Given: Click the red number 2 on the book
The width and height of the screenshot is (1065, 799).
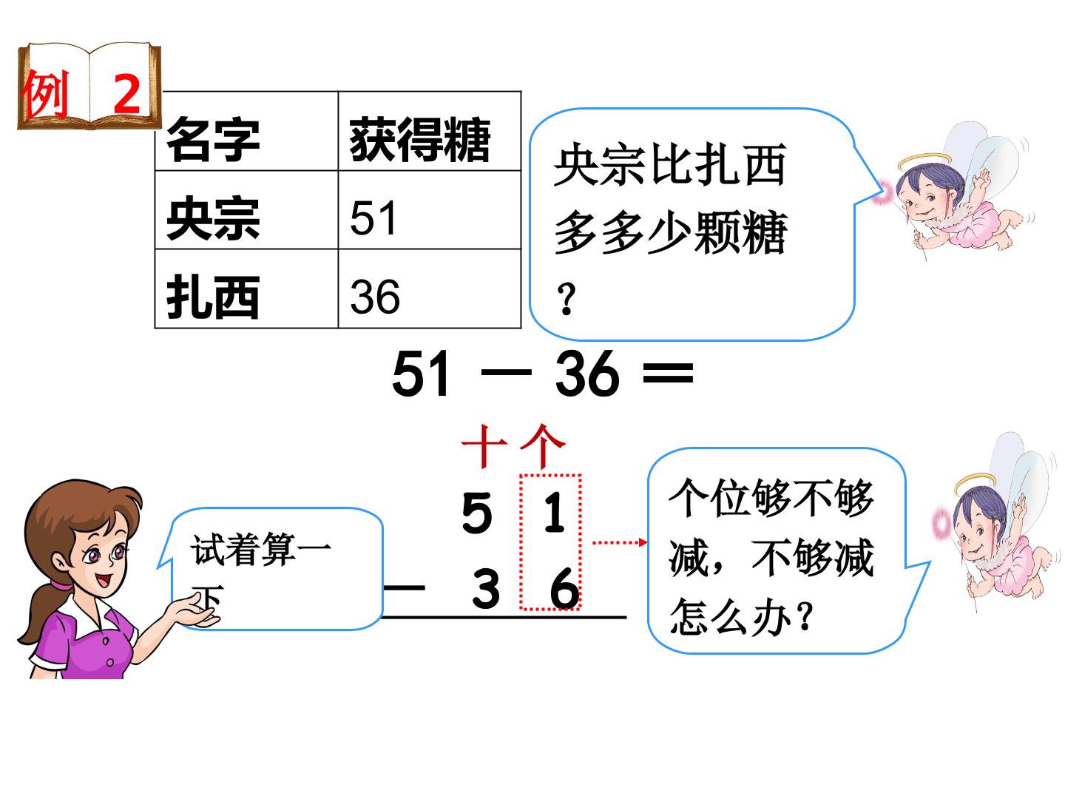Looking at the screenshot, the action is [126, 94].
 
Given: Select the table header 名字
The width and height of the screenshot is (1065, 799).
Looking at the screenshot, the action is [212, 139].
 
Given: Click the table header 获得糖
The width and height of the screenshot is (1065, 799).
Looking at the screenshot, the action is [419, 139].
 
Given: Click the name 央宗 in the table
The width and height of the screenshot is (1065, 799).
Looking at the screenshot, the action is [212, 218].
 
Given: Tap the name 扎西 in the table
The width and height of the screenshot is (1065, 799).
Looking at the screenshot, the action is [212, 297].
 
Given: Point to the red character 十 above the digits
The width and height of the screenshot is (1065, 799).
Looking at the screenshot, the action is [484, 447].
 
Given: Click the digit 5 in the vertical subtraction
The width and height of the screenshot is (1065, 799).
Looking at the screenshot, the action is [477, 513].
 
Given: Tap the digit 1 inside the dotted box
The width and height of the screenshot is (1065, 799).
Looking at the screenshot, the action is [554, 512].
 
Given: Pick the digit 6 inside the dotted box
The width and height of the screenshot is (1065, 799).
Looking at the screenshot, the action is [564, 588].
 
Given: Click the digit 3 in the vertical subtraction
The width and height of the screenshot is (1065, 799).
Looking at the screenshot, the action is [485, 588].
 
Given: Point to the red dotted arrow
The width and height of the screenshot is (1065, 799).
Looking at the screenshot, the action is [620, 542].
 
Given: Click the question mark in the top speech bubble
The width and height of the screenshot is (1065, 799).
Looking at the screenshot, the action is [567, 300].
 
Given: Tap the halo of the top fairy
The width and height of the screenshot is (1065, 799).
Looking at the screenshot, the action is [924, 161].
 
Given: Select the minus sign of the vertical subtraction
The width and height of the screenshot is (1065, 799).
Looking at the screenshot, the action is [404, 588].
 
